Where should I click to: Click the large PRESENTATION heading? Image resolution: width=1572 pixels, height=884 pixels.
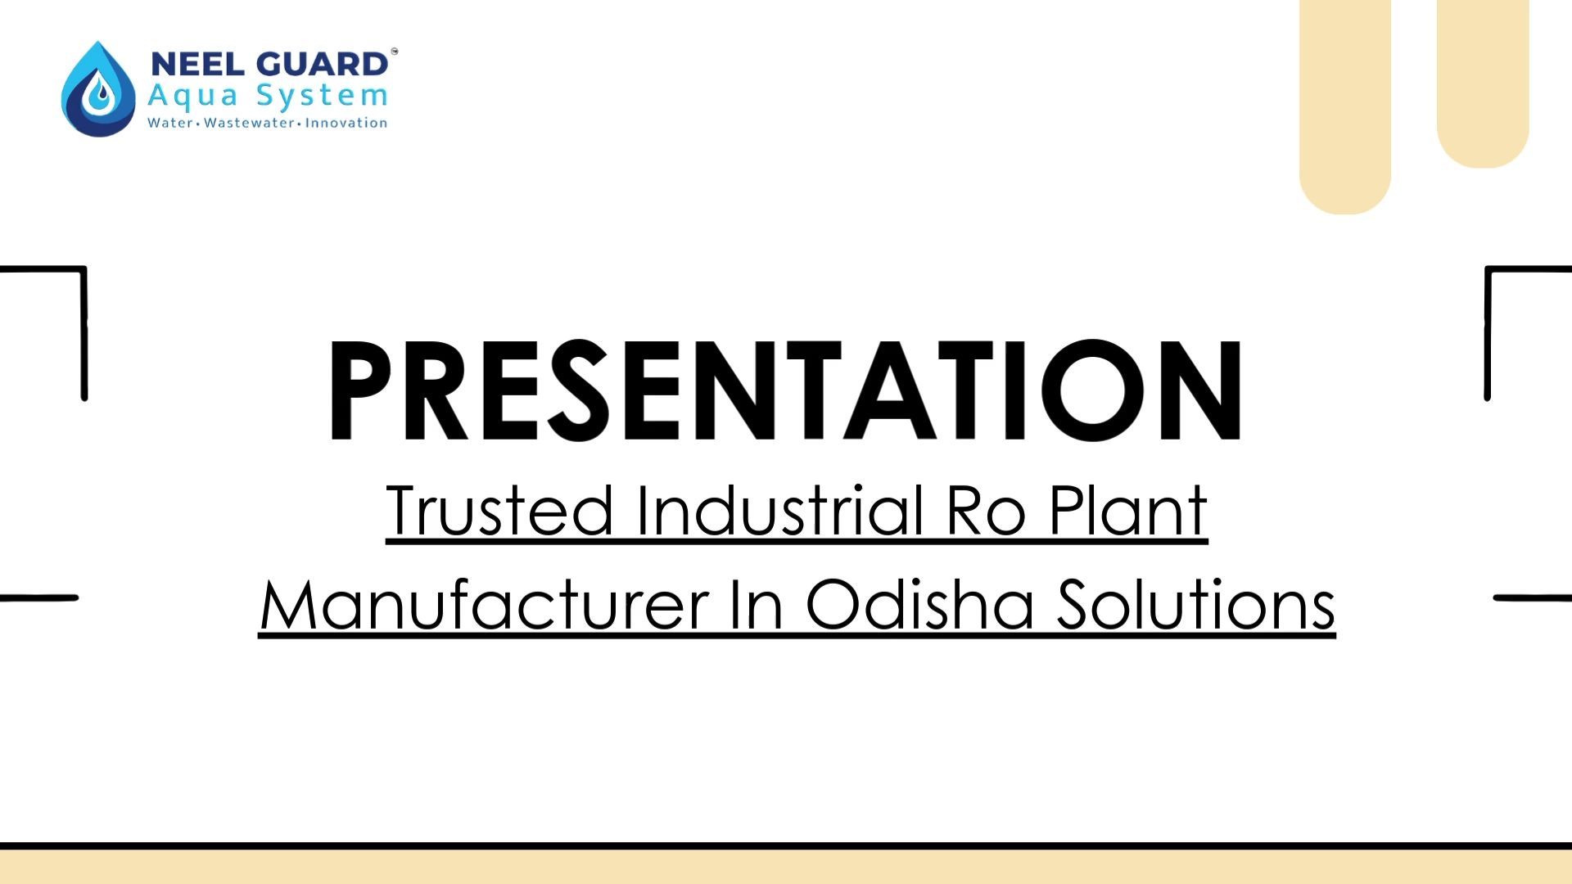tap(786, 390)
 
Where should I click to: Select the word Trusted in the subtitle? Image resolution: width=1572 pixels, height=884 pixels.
tap(499, 510)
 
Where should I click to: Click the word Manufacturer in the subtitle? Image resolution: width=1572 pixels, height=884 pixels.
tap(485, 604)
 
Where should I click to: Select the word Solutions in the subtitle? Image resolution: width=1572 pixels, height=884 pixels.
tap(1196, 603)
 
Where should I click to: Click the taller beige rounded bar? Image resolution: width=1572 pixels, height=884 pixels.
tap(1345, 107)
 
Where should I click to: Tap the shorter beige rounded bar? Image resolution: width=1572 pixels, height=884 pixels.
tap(1483, 84)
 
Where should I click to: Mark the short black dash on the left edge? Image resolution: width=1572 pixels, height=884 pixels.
tap(39, 598)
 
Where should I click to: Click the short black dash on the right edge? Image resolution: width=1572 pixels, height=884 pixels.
tap(1533, 598)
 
